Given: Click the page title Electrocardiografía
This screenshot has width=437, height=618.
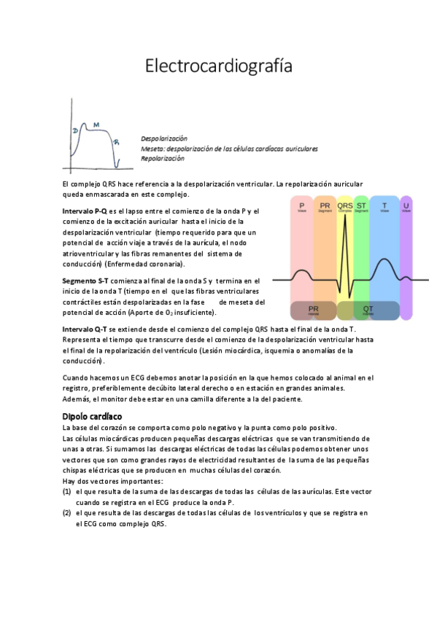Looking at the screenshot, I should click(219, 66).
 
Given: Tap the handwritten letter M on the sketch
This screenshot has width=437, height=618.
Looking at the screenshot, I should click(96, 125).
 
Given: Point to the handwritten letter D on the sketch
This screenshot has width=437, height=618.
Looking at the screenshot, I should click(75, 130).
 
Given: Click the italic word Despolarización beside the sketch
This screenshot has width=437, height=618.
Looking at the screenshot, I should click(164, 138).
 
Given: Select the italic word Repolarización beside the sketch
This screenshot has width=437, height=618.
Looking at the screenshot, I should click(162, 157).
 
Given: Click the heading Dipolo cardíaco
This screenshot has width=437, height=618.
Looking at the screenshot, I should click(92, 415).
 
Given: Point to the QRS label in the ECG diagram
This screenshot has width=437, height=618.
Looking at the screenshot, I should click(345, 206).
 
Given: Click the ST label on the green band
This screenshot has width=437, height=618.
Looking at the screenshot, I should click(361, 206).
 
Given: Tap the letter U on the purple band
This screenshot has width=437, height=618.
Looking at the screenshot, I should click(406, 206).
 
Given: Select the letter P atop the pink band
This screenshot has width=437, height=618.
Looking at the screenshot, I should click(302, 206).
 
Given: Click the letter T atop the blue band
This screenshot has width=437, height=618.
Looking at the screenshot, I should click(384, 206).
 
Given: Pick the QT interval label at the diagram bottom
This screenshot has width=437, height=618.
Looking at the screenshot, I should click(368, 309).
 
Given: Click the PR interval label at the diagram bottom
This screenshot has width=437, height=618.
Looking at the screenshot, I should click(313, 309).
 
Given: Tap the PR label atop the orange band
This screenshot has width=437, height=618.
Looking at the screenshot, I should click(325, 206).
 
